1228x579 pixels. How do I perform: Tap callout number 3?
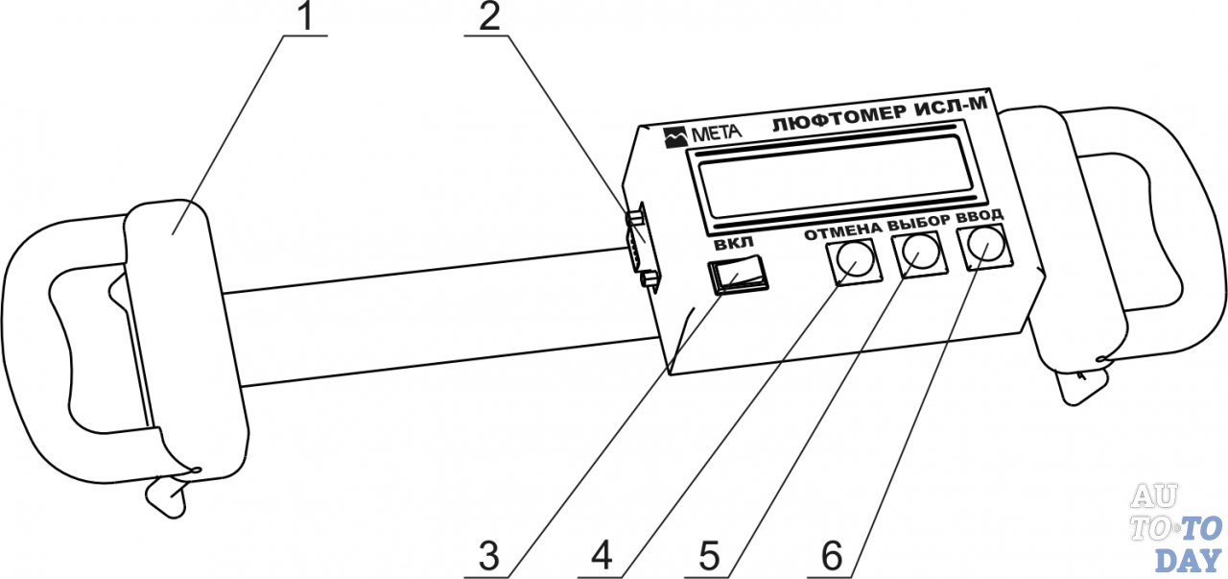coord(490,555)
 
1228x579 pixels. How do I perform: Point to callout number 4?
coord(602,555)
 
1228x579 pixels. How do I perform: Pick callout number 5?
coord(710,555)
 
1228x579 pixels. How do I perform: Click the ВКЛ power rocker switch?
coord(737,277)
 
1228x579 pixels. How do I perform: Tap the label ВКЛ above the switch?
coord(736,244)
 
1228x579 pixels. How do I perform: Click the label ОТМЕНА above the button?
coord(841,230)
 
